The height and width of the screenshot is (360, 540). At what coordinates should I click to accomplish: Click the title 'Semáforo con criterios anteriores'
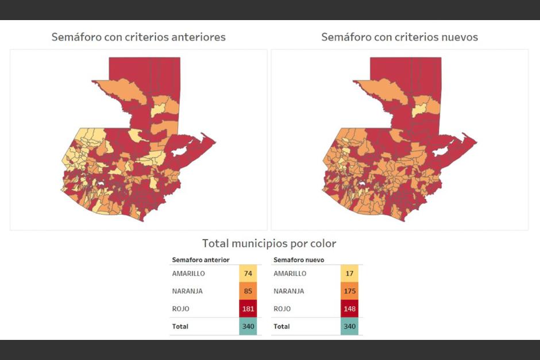[x=138, y=37]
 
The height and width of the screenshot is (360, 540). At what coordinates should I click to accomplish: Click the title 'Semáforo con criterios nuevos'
[x=399, y=37]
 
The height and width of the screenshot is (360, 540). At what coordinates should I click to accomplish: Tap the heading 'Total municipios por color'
[x=269, y=243]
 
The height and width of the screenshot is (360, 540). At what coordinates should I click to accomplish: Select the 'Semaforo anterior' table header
[x=196, y=260]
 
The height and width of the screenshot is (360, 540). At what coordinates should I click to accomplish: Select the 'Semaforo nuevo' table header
[x=299, y=260]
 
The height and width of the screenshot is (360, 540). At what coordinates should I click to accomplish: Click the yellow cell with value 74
[x=248, y=274]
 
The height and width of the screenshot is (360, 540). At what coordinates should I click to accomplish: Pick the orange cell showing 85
[x=248, y=291]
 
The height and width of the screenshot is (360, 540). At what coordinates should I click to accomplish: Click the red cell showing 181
[x=248, y=309]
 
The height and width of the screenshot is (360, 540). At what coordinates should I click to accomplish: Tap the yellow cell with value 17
[x=349, y=274]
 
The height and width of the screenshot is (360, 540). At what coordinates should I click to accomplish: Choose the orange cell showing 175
[x=349, y=291]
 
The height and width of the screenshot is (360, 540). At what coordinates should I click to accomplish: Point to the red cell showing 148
[x=349, y=309]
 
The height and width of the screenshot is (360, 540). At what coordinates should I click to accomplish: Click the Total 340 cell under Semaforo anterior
[x=248, y=327]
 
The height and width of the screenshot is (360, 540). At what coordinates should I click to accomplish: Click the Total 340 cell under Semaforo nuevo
[x=349, y=327]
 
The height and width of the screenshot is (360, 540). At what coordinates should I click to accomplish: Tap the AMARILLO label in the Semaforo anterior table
[x=188, y=274]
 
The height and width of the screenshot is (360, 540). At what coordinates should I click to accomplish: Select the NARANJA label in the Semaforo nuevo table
[x=289, y=291]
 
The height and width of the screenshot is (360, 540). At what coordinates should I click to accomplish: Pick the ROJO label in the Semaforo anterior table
[x=181, y=309]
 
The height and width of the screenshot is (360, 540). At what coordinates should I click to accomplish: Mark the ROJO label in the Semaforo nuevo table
[x=283, y=309]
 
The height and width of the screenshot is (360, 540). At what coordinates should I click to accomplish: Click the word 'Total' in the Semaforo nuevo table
[x=281, y=327]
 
